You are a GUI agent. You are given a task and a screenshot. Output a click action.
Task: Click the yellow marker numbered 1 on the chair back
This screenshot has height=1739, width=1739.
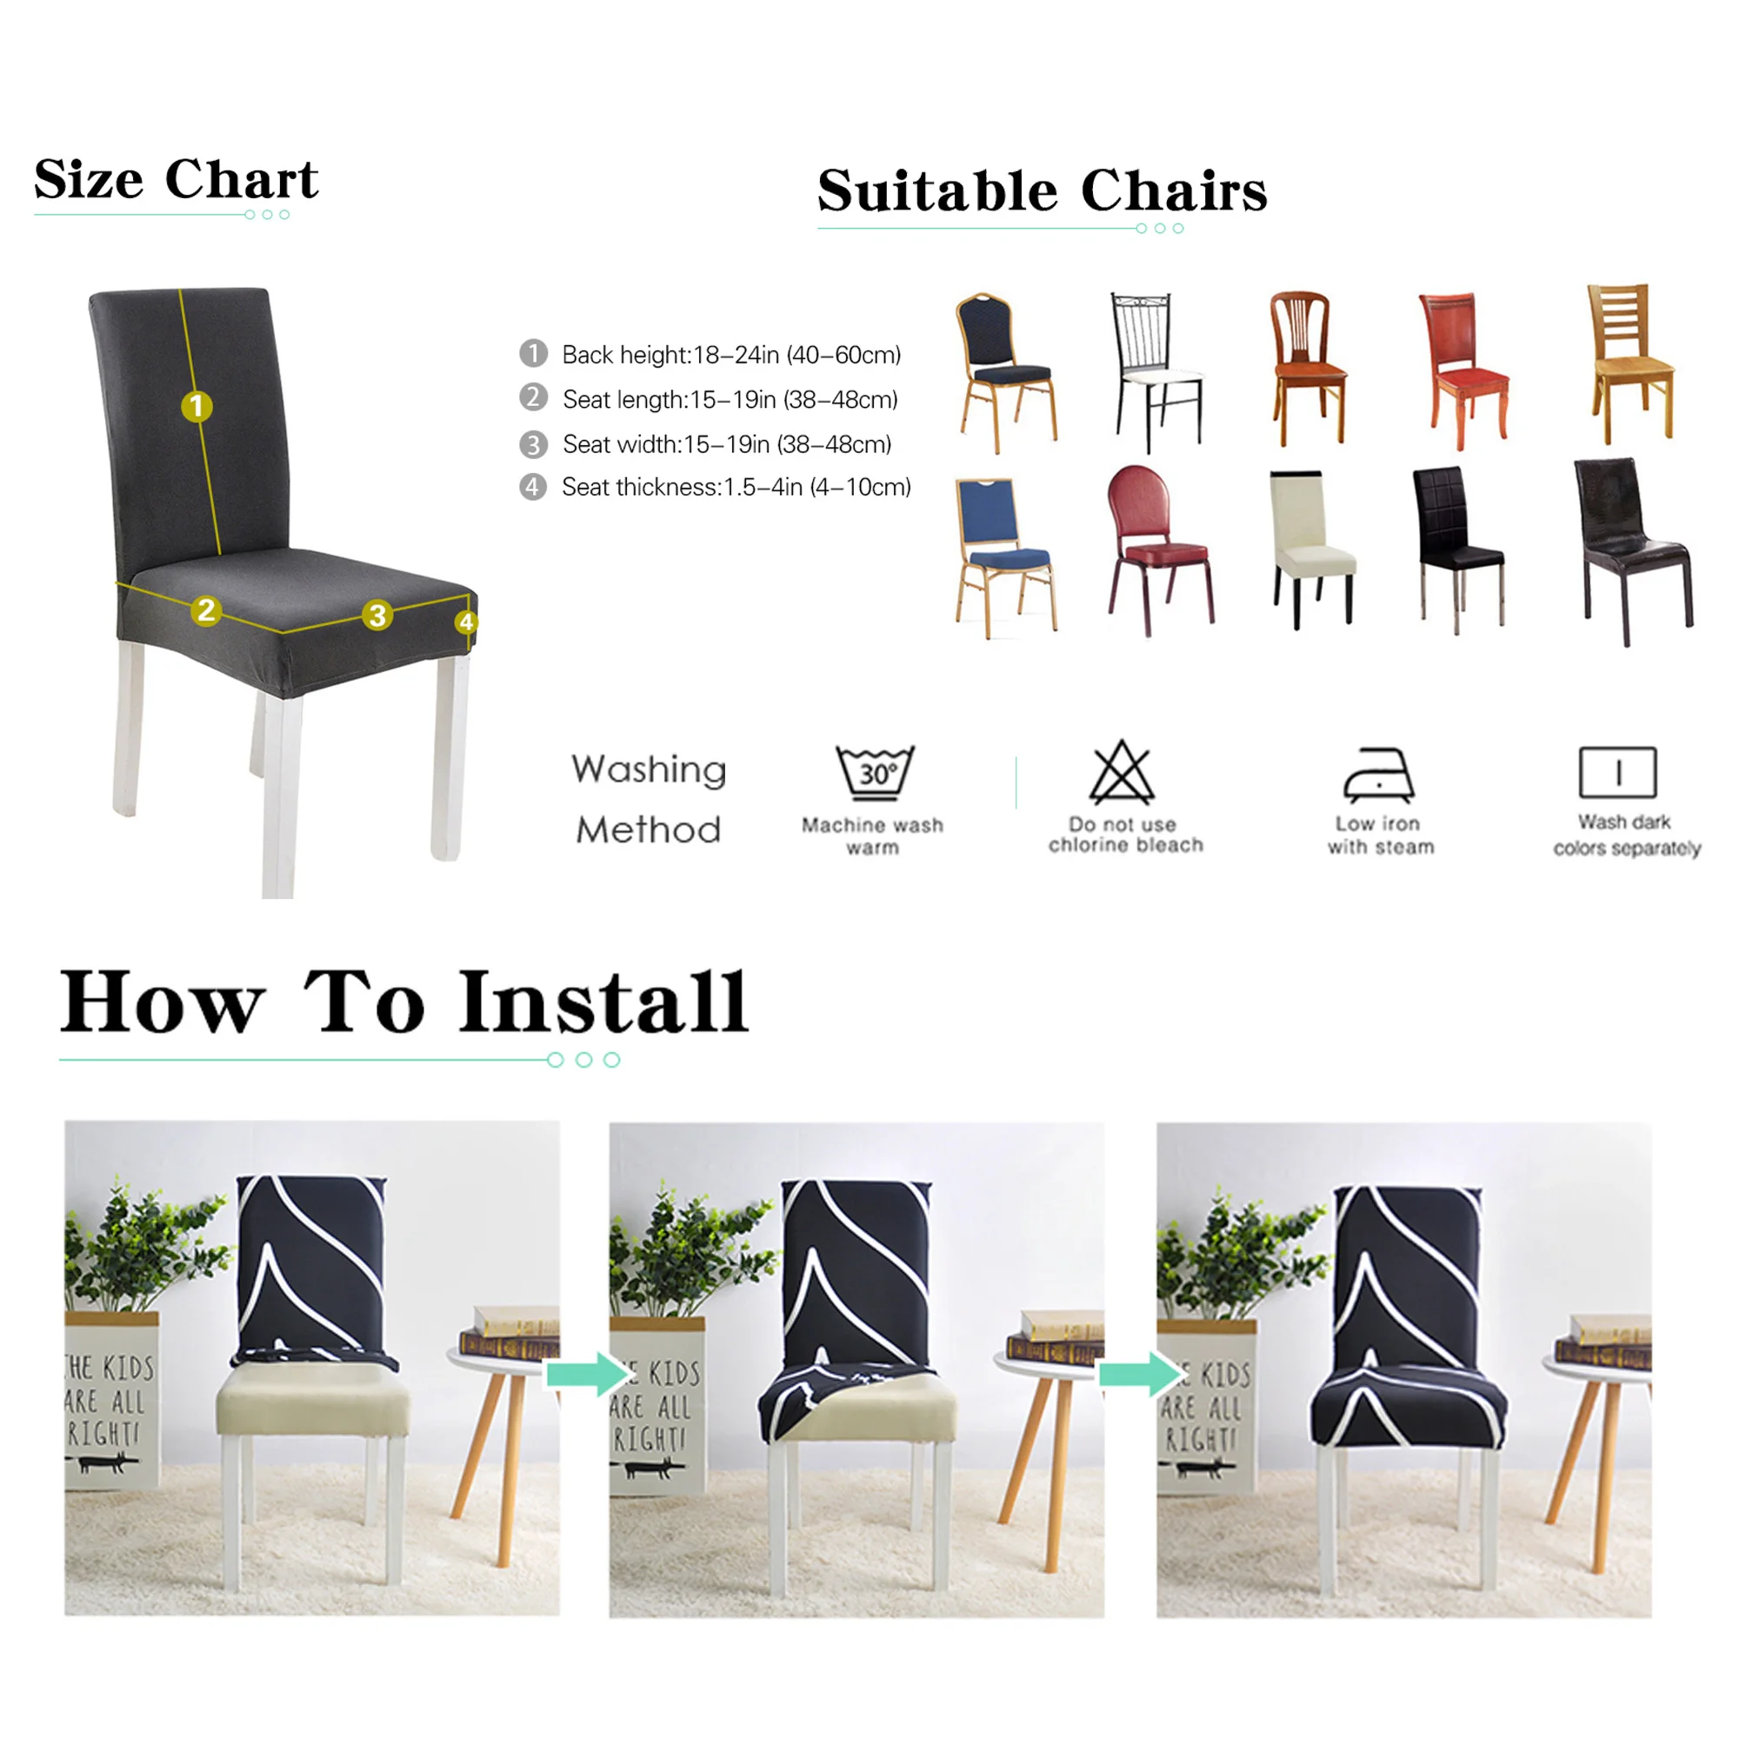point(197,407)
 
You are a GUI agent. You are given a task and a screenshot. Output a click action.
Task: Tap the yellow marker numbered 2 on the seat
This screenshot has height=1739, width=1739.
point(206,610)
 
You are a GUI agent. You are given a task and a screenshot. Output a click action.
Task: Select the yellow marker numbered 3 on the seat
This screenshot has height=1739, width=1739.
point(377,616)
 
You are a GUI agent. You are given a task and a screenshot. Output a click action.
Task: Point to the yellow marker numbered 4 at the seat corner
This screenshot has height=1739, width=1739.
point(465,622)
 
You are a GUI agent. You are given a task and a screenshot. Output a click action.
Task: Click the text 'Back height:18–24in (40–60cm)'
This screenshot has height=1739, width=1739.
point(731,355)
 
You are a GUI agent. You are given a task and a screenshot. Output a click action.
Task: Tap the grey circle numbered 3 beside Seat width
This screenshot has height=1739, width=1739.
point(533,443)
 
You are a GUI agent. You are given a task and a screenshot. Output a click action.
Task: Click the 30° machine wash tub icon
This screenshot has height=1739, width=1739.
point(874,772)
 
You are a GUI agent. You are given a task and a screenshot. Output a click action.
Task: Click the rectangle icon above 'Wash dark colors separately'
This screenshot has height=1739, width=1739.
point(1617,772)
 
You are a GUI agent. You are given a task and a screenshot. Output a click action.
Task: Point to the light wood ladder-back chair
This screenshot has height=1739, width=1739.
point(1628,360)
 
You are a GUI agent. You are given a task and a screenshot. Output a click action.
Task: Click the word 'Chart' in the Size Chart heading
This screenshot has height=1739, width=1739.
point(241,179)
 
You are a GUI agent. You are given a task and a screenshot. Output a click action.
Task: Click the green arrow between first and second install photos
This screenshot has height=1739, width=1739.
point(587,1375)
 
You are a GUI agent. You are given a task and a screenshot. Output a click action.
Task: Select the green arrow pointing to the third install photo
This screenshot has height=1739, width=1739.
point(1140,1375)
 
